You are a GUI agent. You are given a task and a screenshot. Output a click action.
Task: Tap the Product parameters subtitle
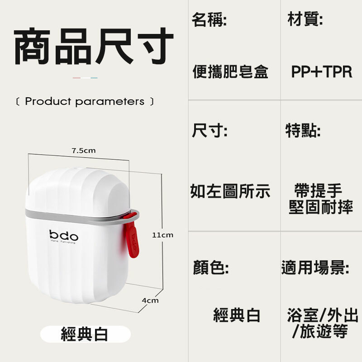tap(85, 101)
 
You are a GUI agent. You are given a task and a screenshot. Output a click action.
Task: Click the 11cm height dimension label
tap(162, 235)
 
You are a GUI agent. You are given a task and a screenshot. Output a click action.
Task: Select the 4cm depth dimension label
tap(150, 300)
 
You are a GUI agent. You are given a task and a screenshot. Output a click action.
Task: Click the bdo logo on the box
tap(63, 236)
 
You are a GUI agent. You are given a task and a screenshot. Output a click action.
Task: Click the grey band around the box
tap(77, 216)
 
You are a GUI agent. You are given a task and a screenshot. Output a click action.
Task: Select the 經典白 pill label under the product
tap(85, 334)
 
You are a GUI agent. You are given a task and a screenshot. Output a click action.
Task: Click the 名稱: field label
tap(209, 20)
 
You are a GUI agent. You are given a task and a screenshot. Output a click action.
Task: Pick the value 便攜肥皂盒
tap(230, 72)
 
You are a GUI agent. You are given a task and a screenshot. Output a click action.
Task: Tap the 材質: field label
tap(305, 20)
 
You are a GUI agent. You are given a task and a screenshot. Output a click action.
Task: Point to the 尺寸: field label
tap(209, 131)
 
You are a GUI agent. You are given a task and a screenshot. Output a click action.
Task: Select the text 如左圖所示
tap(230, 191)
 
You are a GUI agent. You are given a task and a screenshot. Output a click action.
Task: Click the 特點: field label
tap(303, 131)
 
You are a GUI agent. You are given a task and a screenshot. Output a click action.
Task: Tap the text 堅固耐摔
tap(321, 208)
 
